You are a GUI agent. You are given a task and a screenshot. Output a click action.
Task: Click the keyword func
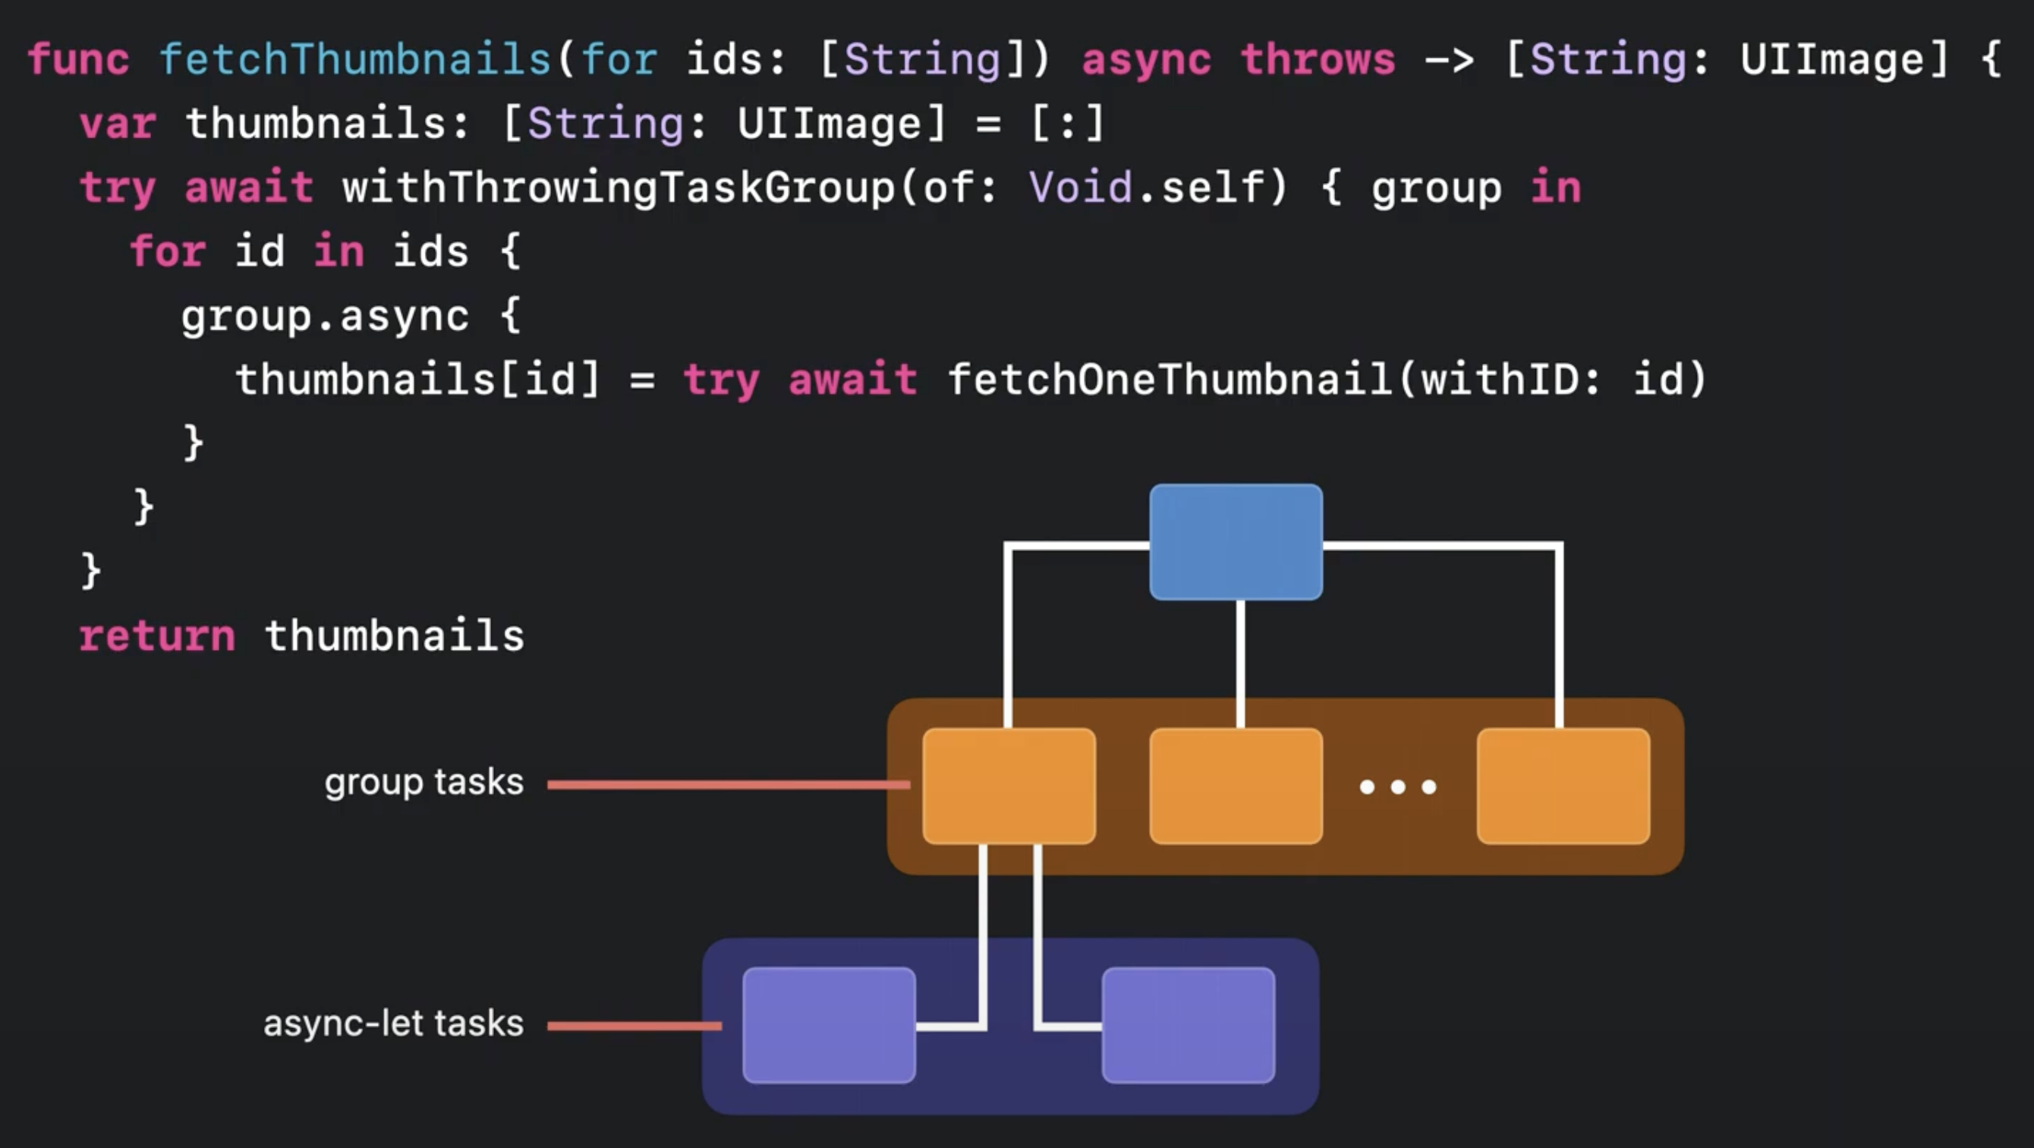point(78,60)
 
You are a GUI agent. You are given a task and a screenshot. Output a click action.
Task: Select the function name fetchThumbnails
point(354,60)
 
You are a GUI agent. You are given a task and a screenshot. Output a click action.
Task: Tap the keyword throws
point(1317,60)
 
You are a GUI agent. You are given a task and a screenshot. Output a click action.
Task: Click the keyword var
point(118,124)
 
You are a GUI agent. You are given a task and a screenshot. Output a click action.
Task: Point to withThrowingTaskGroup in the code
point(619,188)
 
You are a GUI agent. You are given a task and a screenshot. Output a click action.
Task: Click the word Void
point(1080,188)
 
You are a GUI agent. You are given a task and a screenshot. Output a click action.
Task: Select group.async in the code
point(325,316)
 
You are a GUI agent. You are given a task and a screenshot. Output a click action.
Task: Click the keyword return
point(157,636)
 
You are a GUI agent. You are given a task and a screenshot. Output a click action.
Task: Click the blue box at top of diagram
point(1236,542)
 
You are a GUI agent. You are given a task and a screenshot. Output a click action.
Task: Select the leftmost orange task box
point(1009,786)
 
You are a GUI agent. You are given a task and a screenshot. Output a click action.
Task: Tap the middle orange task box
point(1236,786)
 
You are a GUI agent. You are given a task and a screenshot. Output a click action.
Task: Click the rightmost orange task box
point(1563,786)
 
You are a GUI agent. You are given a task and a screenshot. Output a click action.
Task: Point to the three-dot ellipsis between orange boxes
point(1397,787)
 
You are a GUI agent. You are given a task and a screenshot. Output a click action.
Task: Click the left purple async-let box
point(828,1025)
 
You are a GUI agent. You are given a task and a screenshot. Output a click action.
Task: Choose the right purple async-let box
point(1188,1025)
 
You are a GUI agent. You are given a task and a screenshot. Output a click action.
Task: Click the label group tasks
point(424,783)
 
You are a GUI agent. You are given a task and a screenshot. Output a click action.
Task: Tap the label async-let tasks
point(393,1024)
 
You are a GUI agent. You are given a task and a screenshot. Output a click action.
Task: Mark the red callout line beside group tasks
point(726,784)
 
